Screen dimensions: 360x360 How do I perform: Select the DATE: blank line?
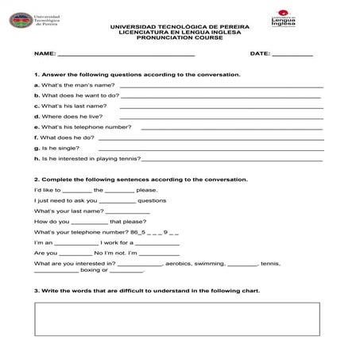pos(292,55)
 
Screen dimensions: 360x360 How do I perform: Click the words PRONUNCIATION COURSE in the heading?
pos(180,37)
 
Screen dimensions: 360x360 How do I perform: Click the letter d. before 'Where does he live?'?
pos(37,116)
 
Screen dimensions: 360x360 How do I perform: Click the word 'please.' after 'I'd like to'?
pos(147,190)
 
